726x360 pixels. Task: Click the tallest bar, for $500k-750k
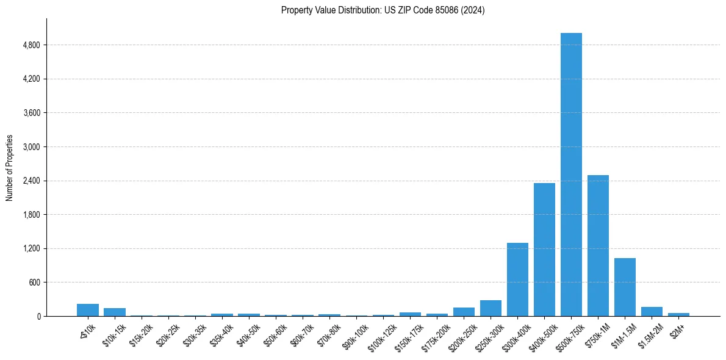pos(571,175)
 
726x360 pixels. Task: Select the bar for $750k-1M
pos(598,245)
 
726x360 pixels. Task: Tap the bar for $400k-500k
pos(544,250)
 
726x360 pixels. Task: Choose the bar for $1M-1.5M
pos(625,287)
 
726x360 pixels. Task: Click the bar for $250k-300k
pos(491,308)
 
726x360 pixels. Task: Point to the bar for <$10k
pos(88,310)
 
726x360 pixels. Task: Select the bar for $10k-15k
pos(115,312)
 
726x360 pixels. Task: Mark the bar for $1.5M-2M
pos(652,311)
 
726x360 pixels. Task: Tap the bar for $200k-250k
pos(464,312)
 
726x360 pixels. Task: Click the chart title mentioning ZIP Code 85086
pos(383,10)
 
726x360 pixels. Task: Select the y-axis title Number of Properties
pos(10,168)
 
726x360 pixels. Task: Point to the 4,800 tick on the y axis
pos(31,45)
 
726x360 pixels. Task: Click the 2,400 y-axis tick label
pos(31,181)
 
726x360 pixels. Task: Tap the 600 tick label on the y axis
pos(34,283)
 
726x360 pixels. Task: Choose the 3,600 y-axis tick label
pos(31,113)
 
